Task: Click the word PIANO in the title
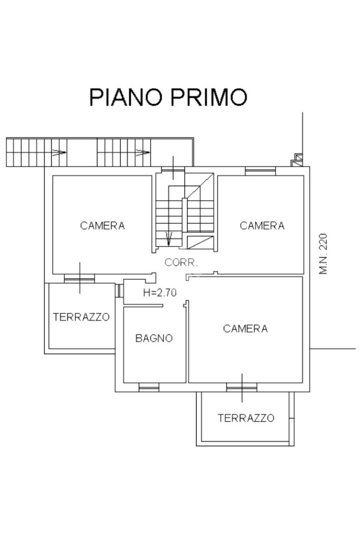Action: [126, 97]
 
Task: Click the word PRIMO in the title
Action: [209, 97]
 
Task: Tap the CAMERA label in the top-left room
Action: [102, 226]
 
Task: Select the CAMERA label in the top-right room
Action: [262, 226]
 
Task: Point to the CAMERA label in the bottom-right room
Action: [245, 329]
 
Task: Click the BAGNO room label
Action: [154, 338]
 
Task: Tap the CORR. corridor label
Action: [181, 262]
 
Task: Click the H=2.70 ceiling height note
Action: [160, 292]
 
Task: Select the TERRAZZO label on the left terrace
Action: [81, 317]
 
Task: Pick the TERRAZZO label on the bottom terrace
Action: [246, 418]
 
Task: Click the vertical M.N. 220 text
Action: [323, 253]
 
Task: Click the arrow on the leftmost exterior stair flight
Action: [59, 152]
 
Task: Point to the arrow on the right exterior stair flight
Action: [143, 152]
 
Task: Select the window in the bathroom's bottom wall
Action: [149, 388]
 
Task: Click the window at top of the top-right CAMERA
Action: [260, 171]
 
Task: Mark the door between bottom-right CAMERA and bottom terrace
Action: [242, 388]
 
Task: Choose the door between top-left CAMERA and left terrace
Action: [80, 278]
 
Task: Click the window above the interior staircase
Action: [173, 171]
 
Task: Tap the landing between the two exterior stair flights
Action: [82, 153]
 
